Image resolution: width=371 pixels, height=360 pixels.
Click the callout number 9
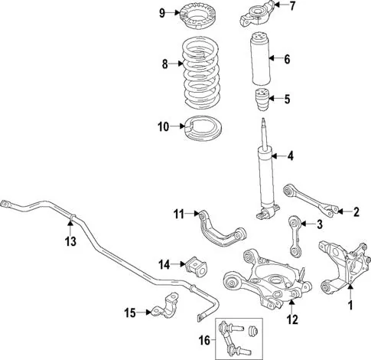coord(162,13)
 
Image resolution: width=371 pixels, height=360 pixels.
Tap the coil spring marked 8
coord(201,74)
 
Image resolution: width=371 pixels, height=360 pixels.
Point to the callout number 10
coord(164,126)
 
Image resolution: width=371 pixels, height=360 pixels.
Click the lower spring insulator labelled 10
coord(203,128)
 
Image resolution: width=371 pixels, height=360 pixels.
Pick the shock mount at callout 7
coord(256,14)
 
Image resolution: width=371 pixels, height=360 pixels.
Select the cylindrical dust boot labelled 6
coord(261,59)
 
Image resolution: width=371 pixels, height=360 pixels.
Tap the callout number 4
coord(291,155)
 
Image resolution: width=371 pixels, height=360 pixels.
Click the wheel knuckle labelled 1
coord(344,267)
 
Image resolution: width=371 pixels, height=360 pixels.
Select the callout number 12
coord(292,319)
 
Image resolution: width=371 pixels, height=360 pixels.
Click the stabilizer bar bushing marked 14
coord(197,267)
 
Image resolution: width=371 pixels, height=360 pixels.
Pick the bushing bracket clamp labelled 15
coord(165,306)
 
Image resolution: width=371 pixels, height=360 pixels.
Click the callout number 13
coord(70,241)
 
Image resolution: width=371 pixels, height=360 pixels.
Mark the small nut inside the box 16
coord(253,331)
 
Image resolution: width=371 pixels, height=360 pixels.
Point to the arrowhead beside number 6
coord(272,59)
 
